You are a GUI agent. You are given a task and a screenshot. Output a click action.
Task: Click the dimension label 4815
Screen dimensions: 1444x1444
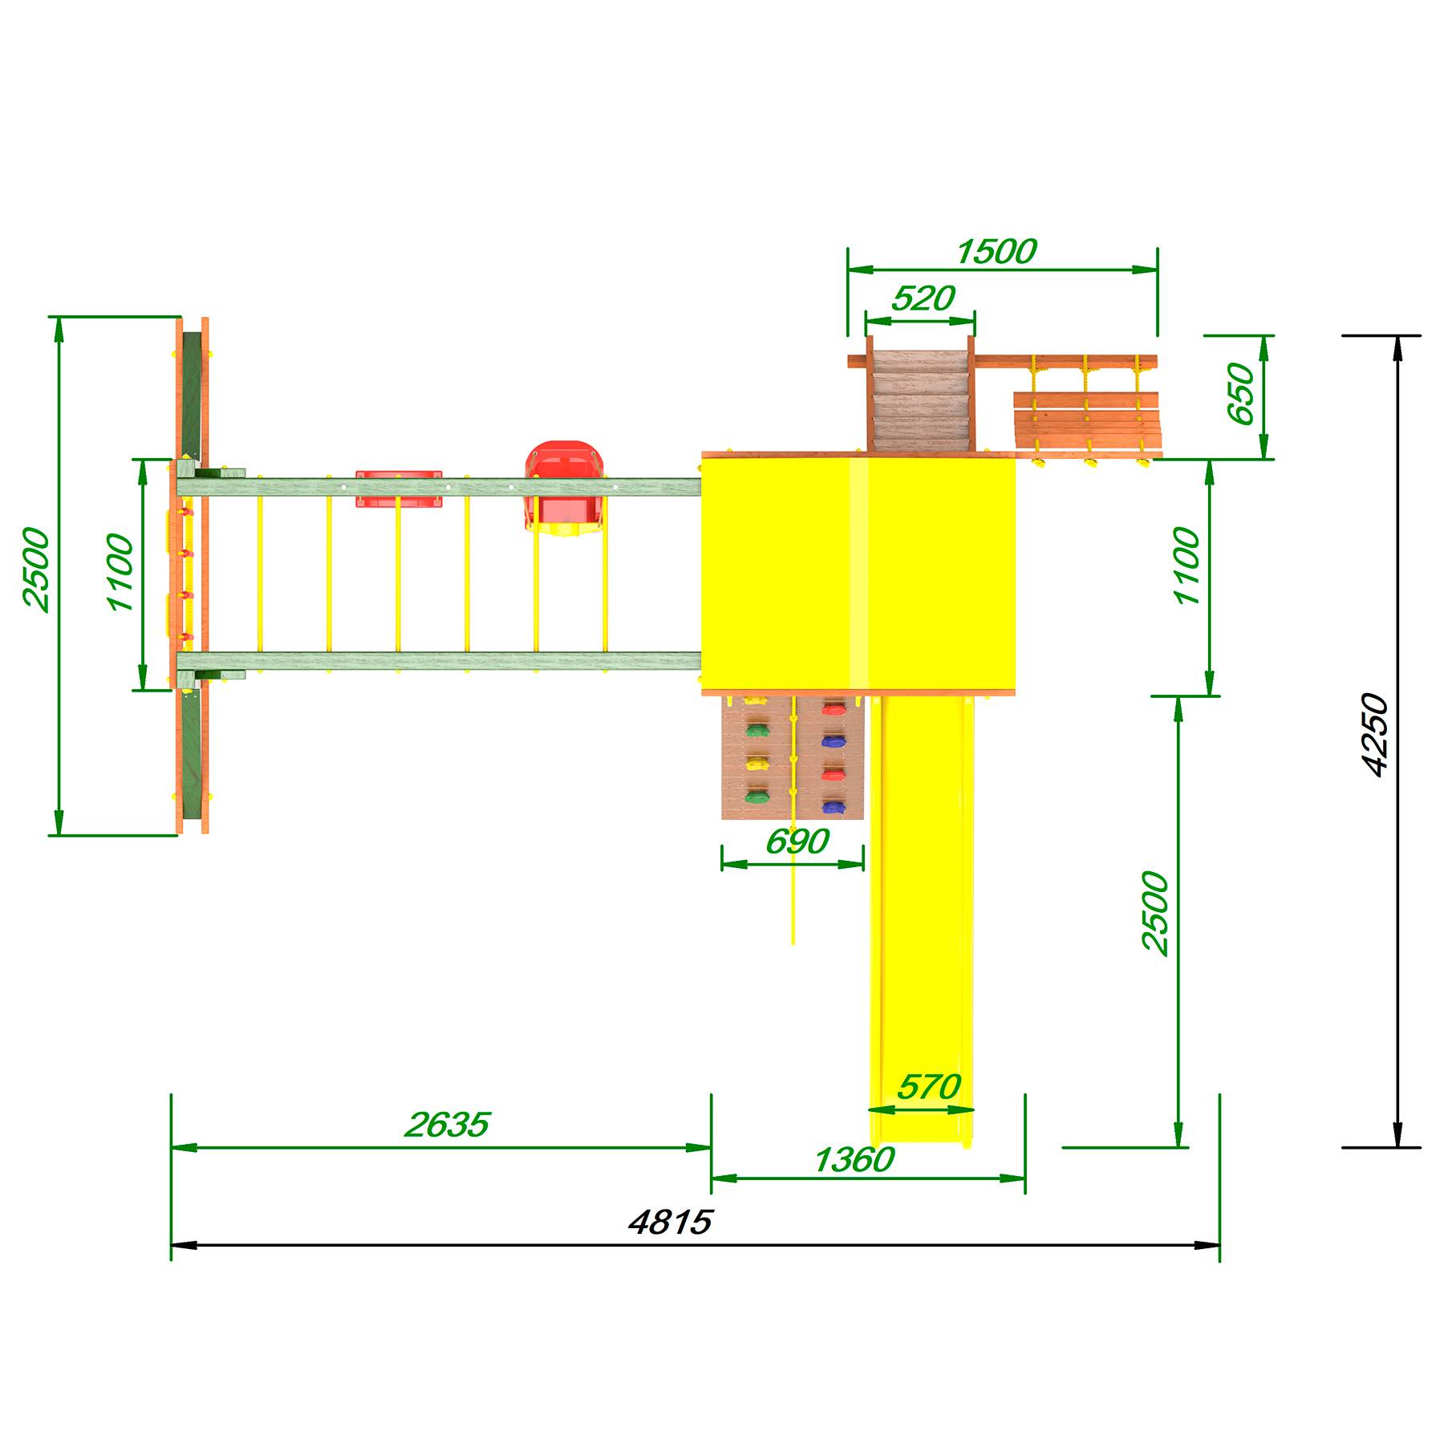671,1223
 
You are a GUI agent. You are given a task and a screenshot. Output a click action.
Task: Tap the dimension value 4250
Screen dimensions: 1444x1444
1375,735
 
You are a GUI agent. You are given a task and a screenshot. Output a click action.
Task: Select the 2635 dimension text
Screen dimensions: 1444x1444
447,1125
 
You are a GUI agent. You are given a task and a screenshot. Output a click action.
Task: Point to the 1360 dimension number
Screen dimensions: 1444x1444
854,1159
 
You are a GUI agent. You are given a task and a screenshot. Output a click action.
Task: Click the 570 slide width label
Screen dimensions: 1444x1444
929,1087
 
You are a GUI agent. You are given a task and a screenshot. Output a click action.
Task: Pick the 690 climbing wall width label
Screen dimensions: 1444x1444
797,842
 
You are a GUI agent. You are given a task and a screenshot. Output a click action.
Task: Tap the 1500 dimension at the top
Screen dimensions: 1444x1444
996,252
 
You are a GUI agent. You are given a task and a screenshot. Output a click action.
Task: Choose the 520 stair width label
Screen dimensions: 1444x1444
923,298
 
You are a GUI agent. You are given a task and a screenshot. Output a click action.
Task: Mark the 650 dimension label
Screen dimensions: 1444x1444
1240,394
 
